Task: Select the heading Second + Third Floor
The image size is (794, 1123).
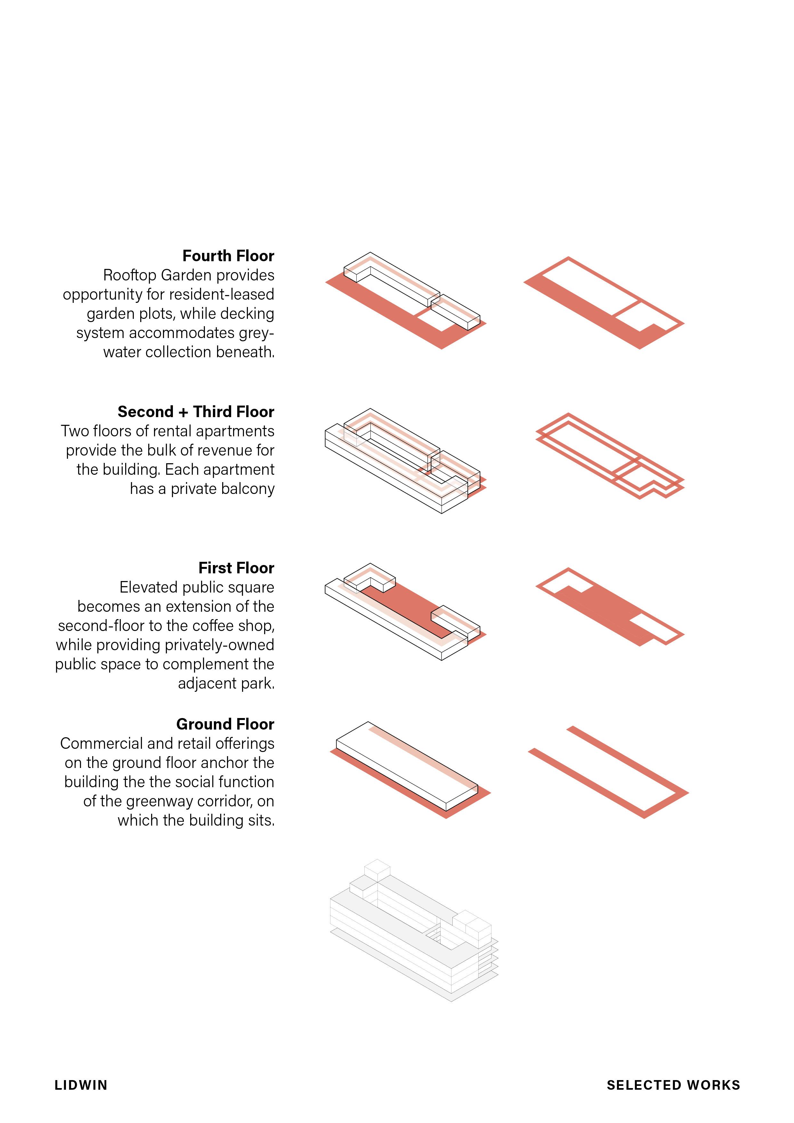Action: (x=196, y=412)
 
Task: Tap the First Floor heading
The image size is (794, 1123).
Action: (x=236, y=568)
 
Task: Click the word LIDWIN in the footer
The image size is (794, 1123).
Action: (x=81, y=1085)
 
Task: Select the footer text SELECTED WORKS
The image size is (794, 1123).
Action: (x=673, y=1085)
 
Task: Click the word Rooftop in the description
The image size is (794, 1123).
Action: (x=130, y=275)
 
